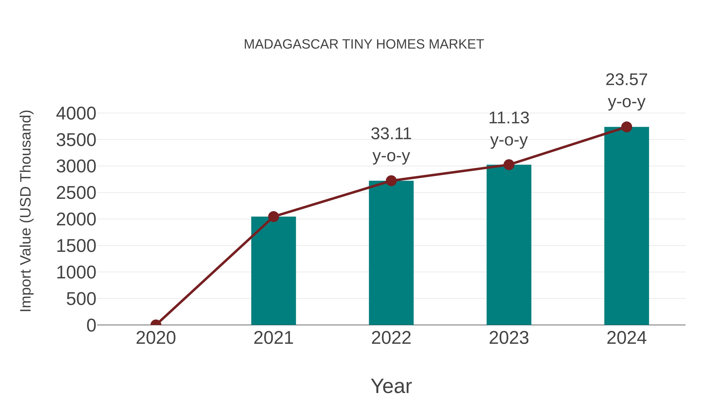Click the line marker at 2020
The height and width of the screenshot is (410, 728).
(156, 324)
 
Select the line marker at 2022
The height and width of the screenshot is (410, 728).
(391, 181)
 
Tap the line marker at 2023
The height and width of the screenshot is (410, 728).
(509, 165)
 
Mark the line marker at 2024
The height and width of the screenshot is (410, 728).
(626, 127)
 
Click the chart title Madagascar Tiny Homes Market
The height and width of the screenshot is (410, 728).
(364, 44)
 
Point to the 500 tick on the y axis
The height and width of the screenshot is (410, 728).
(81, 299)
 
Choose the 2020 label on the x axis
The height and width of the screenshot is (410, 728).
(156, 338)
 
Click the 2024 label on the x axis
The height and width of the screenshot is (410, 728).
(626, 338)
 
